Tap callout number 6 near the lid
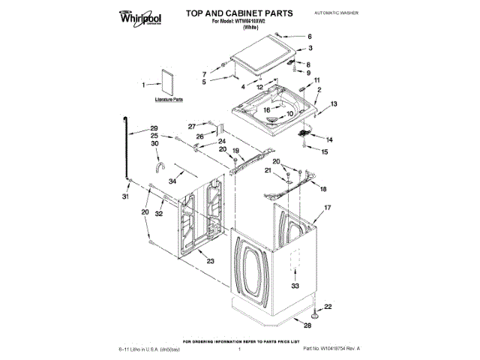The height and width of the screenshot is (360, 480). tap(309, 37)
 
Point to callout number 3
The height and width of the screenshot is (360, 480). tap(309, 49)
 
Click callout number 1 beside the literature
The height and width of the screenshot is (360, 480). tap(143, 85)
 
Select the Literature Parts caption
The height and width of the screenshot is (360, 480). tap(168, 99)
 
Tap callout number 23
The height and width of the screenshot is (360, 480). tap(210, 260)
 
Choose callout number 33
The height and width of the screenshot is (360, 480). tap(295, 286)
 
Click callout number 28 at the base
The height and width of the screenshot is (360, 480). tap(306, 325)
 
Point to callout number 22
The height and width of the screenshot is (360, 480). tap(327, 306)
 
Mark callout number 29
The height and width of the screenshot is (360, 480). tap(154, 127)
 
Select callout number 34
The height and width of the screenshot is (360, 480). tap(172, 181)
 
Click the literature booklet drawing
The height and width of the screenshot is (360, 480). tap(166, 82)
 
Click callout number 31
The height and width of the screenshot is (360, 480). tap(125, 196)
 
